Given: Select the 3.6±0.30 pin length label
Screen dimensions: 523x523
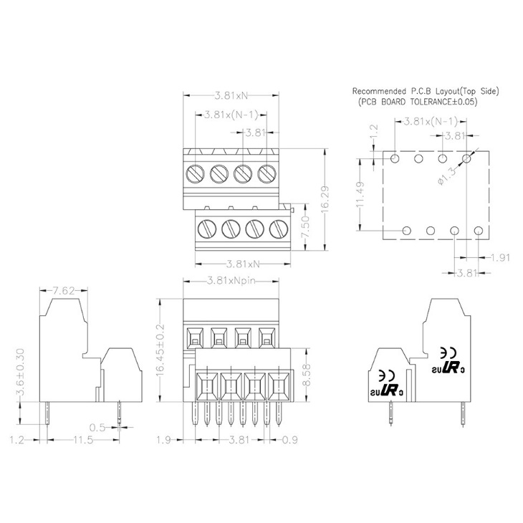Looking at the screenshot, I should point(22,373).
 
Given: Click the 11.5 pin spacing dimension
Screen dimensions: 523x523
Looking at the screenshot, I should point(82,439).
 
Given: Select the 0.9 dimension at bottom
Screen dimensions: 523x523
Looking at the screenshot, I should point(289,439).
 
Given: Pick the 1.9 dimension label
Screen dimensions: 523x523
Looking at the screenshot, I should point(163,439).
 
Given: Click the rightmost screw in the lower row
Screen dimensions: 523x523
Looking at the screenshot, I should point(277,229).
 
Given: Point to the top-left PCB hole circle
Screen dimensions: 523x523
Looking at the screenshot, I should point(396,157).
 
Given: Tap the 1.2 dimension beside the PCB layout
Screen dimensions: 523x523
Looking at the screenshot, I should point(373,133).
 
